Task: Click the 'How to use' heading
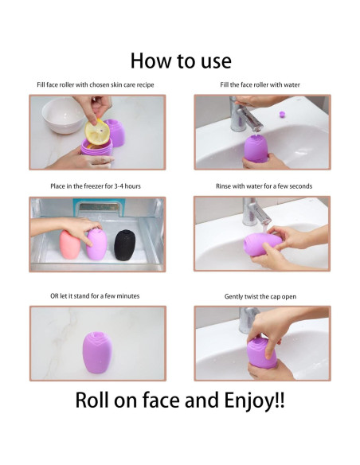pyautogui.click(x=181, y=61)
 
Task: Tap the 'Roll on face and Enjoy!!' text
pyautogui.click(x=180, y=401)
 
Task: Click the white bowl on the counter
pyautogui.click(x=63, y=115)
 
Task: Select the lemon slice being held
pyautogui.click(x=97, y=132)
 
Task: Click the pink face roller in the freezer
pyautogui.click(x=70, y=244)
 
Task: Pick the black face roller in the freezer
pyautogui.click(x=124, y=245)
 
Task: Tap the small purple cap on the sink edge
pyautogui.click(x=282, y=114)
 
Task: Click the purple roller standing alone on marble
pyautogui.click(x=97, y=352)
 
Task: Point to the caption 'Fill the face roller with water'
pyautogui.click(x=260, y=85)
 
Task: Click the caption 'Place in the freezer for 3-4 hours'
pyautogui.click(x=96, y=186)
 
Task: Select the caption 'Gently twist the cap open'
pyautogui.click(x=260, y=296)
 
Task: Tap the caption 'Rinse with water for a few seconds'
pyautogui.click(x=264, y=186)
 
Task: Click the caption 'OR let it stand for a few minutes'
pyautogui.click(x=95, y=296)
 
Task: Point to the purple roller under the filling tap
pyautogui.click(x=256, y=148)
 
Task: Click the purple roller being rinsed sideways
pyautogui.click(x=263, y=244)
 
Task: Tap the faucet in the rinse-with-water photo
pyautogui.click(x=254, y=213)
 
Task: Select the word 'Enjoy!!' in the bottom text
pyautogui.click(x=254, y=401)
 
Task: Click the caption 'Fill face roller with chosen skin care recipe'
pyautogui.click(x=96, y=85)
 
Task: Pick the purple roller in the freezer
pyautogui.click(x=97, y=244)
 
